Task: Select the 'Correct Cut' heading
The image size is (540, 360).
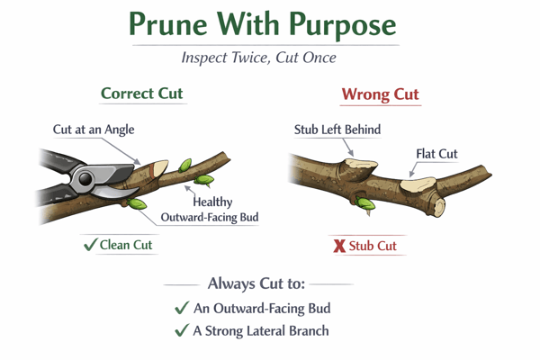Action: pyautogui.click(x=143, y=94)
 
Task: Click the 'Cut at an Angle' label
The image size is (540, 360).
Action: pyautogui.click(x=93, y=130)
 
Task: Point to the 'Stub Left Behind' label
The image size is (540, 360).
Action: pyautogui.click(x=337, y=130)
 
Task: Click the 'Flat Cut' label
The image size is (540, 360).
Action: pyautogui.click(x=437, y=154)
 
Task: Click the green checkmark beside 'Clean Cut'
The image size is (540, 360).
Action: pyautogui.click(x=90, y=245)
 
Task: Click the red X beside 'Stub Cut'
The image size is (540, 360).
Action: pyautogui.click(x=339, y=246)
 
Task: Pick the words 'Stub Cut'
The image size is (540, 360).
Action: pyautogui.click(x=373, y=246)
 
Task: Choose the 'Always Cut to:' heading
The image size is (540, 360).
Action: pyautogui.click(x=256, y=283)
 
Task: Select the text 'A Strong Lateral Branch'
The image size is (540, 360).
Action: pyautogui.click(x=261, y=330)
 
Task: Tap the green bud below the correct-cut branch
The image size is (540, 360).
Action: pyautogui.click(x=137, y=204)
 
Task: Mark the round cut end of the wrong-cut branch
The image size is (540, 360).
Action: pyautogui.click(x=438, y=207)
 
